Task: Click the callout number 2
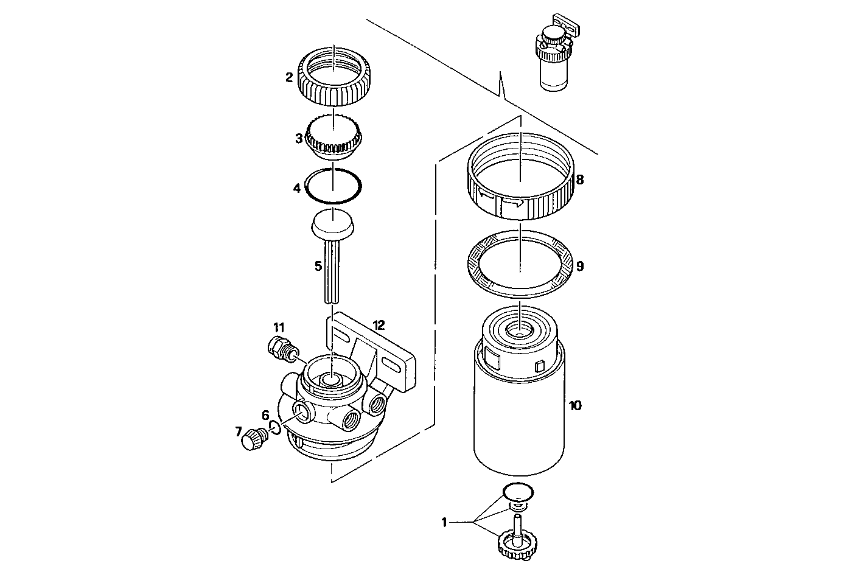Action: (289, 78)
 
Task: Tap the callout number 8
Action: (579, 180)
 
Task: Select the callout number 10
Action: (574, 405)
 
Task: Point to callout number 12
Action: (379, 326)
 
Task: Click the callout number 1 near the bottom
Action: (444, 522)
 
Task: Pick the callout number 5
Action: (318, 267)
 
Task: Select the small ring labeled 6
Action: (274, 428)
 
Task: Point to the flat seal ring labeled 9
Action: (520, 267)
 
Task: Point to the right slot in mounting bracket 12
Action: (394, 364)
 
